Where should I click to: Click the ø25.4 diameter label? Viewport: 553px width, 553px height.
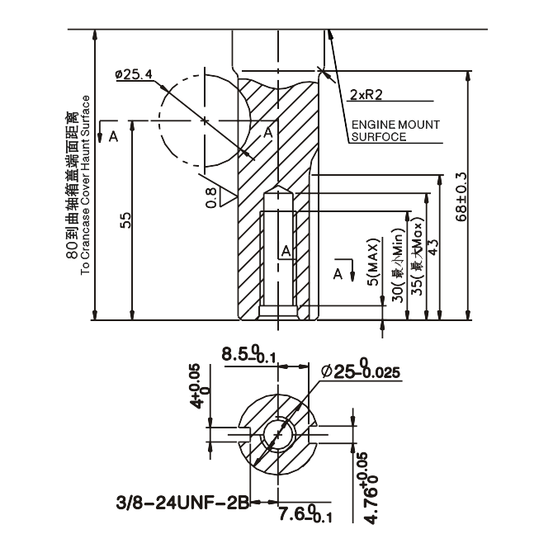135,75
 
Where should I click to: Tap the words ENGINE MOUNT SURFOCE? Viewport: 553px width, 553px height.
390,130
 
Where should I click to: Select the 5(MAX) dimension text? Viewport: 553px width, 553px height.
374,264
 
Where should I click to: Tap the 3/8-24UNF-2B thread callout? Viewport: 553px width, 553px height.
182,501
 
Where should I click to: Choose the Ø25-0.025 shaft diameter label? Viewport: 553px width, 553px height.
361,371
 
